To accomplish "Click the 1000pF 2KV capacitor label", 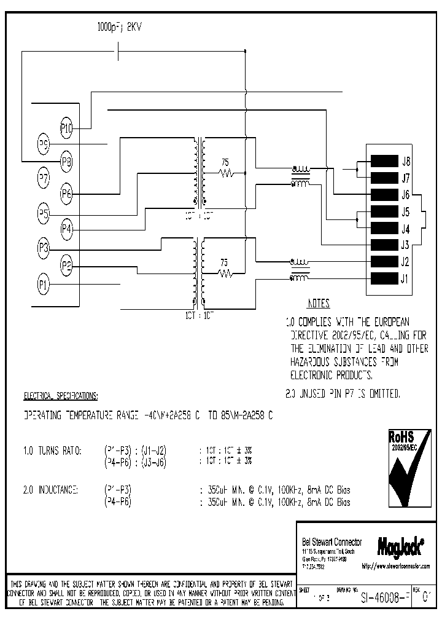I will click(120, 27).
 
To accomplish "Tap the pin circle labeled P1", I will click(43, 285).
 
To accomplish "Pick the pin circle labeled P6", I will click(66, 194).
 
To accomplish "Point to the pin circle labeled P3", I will click(43, 249).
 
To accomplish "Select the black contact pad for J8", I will click(384, 162).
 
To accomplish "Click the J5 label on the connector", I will click(405, 213).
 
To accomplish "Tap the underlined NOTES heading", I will click(318, 304).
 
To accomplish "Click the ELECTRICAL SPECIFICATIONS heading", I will click(60, 395).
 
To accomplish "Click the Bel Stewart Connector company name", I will click(332, 541).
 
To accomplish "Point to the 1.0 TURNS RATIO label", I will click(52, 451).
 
